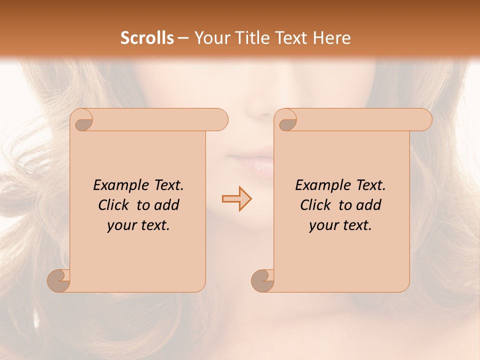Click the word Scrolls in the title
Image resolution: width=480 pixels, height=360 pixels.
[147, 38]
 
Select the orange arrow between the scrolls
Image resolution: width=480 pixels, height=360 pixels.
[236, 198]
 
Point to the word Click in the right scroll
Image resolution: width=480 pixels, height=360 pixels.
[315, 205]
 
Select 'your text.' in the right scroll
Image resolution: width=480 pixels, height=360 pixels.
[340, 225]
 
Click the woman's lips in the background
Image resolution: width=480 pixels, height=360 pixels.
[251, 163]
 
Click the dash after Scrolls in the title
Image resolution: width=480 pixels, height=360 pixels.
[183, 38]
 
